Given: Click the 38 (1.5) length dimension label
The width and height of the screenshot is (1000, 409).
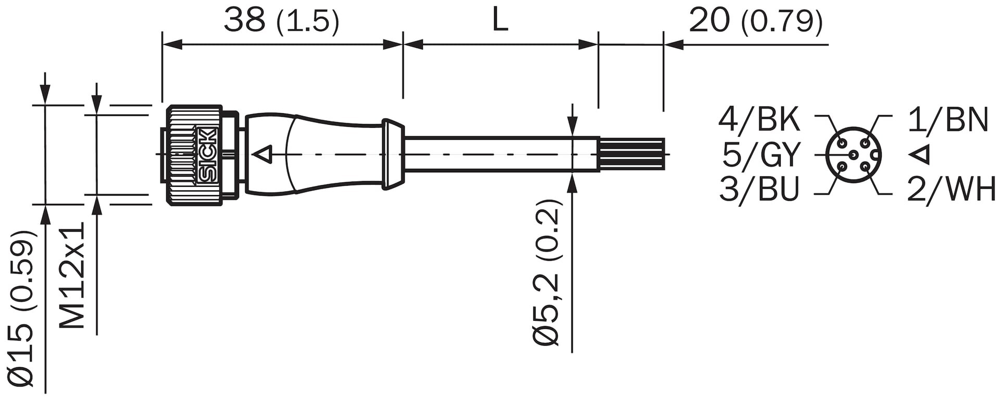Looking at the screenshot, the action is (281, 21).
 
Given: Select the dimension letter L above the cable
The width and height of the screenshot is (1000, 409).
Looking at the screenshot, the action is (500, 21).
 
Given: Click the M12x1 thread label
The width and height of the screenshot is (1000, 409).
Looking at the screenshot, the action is (72, 275).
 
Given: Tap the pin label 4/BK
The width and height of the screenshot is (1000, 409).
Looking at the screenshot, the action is (759, 120).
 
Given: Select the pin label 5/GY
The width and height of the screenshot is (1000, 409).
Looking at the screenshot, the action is (761, 155).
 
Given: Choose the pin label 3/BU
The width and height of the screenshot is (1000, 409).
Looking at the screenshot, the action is (759, 189).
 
